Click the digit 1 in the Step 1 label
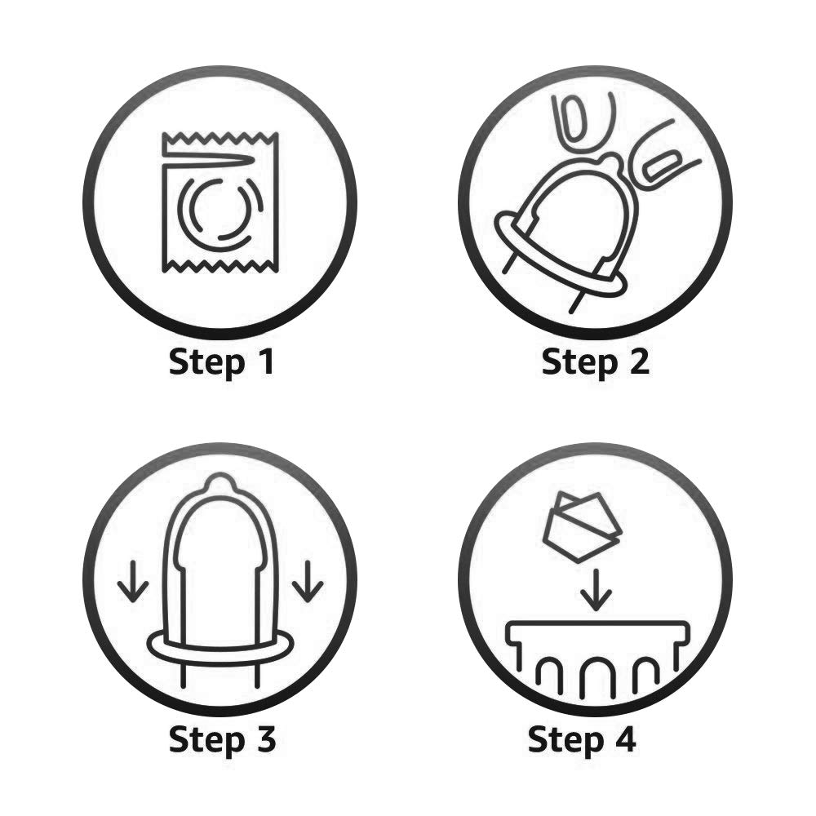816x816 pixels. (268, 361)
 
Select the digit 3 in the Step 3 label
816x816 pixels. (265, 739)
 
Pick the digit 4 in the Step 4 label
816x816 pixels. (624, 739)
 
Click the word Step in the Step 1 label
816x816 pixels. (207, 364)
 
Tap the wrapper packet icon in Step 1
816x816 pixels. (220, 202)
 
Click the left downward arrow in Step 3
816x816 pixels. (133, 581)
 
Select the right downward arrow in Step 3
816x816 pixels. (308, 581)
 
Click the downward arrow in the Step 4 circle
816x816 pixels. (596, 590)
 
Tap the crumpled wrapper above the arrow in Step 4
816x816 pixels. (582, 526)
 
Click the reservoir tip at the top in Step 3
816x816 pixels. (220, 482)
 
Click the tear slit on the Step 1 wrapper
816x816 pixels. (208, 161)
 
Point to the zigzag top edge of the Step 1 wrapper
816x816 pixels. (220, 138)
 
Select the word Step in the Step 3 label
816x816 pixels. (207, 741)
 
